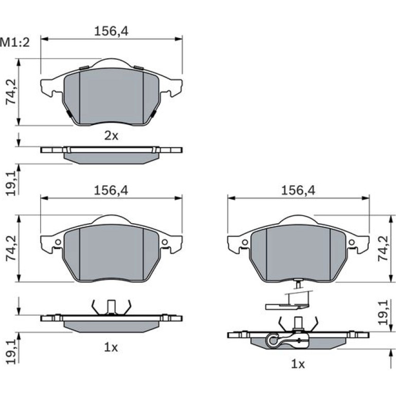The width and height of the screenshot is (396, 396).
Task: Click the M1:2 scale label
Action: [x=15, y=43]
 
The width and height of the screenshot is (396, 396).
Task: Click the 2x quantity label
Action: [x=111, y=136]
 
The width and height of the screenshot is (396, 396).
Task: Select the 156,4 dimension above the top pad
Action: [x=112, y=31]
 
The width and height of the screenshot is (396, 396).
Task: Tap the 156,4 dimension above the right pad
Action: [x=298, y=190]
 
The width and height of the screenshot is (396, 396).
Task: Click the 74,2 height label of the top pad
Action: [x=11, y=92]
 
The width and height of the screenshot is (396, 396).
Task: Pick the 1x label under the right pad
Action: [x=298, y=364]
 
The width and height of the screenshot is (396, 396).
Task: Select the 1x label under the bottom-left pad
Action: [x=111, y=348]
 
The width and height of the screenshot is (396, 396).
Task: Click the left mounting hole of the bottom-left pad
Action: [x=58, y=242]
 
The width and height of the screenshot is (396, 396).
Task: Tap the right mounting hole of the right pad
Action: [x=351, y=242]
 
